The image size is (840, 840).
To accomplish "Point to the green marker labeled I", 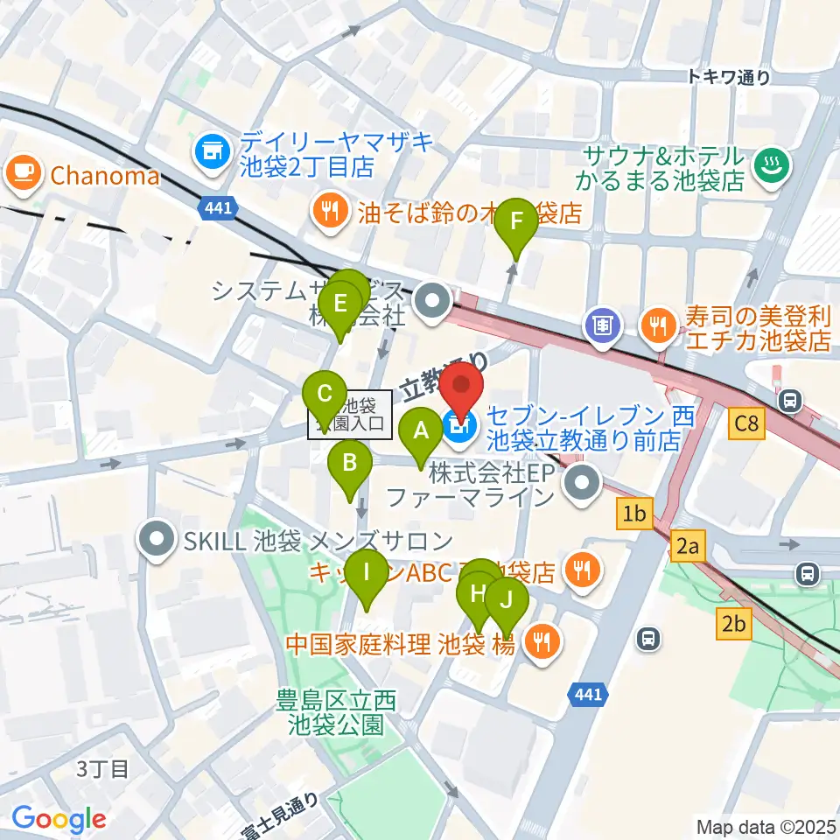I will [x=366, y=573].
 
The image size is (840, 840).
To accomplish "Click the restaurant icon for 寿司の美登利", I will [x=656, y=326].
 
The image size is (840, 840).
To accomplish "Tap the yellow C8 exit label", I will [x=747, y=425].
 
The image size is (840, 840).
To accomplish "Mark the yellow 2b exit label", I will [x=733, y=624].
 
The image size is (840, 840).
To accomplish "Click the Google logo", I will [x=59, y=820].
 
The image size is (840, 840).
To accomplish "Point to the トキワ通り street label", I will [x=729, y=78].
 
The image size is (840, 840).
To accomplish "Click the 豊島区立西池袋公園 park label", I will [x=336, y=712].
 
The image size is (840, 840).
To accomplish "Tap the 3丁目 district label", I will [x=102, y=769].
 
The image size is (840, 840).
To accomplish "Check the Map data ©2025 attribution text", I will [x=766, y=826].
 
